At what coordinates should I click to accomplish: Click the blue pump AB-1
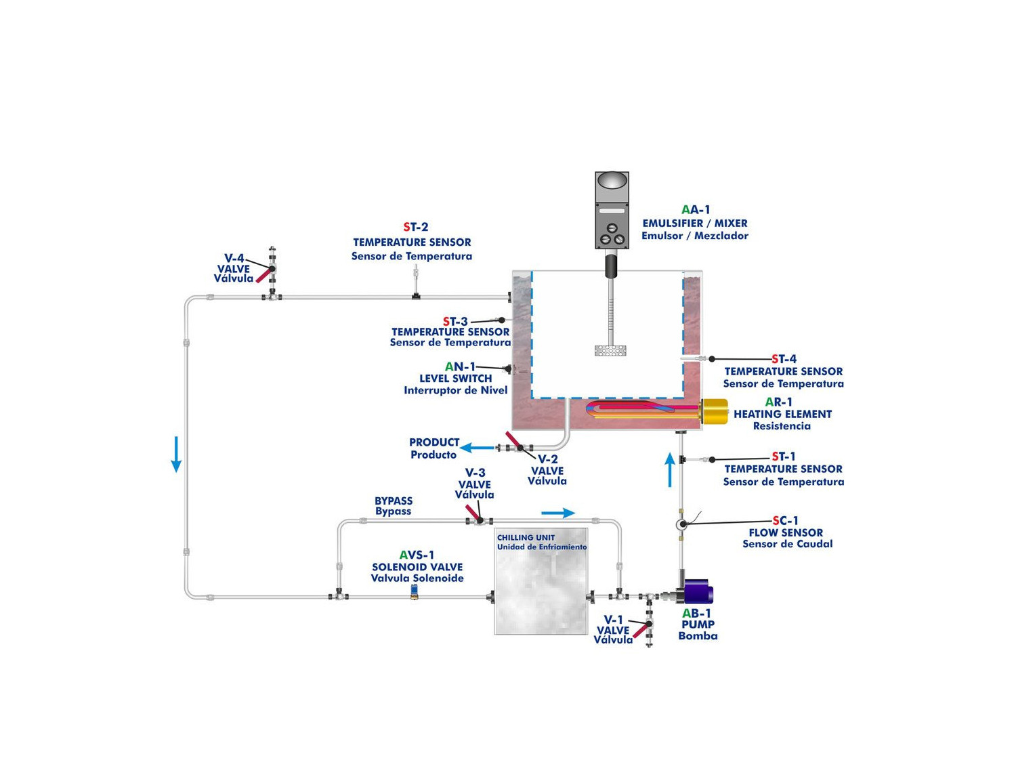tap(698, 591)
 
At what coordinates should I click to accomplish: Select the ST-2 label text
tap(416, 227)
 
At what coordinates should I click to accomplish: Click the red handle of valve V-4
tap(263, 276)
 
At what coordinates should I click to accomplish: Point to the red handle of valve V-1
tap(640, 630)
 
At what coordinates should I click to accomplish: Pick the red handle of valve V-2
tap(513, 440)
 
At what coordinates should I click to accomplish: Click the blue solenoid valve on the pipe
tap(415, 591)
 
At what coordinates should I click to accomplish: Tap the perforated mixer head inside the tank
tap(610, 350)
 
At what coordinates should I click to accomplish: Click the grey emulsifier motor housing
tap(612, 210)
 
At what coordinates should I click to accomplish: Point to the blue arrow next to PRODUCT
tap(477, 448)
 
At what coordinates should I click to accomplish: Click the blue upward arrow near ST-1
tap(670, 469)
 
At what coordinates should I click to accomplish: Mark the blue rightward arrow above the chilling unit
tap(558, 513)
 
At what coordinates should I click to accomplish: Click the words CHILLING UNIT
tap(526, 538)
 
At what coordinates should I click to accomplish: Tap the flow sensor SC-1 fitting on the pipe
tap(682, 524)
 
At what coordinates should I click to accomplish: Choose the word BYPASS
tap(394, 501)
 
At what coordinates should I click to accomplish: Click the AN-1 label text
tap(460, 367)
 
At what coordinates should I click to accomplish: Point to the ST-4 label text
tap(784, 359)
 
